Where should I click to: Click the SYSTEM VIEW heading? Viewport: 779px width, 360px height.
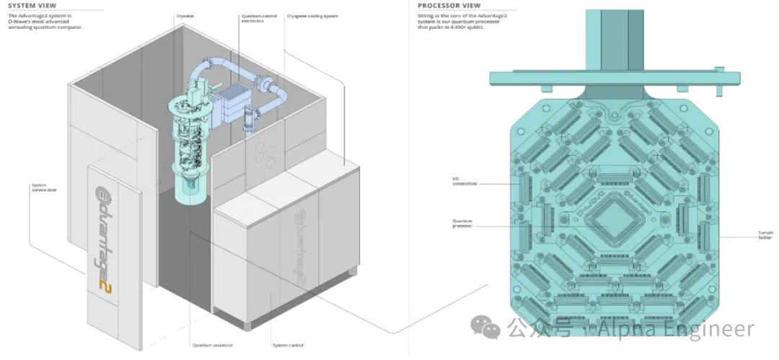point(28,6)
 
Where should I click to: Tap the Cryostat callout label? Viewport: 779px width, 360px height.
point(185,14)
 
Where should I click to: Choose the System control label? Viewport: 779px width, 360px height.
point(284,345)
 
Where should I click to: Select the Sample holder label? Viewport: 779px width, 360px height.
point(765,235)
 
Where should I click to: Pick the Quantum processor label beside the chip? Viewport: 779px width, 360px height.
point(462,224)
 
